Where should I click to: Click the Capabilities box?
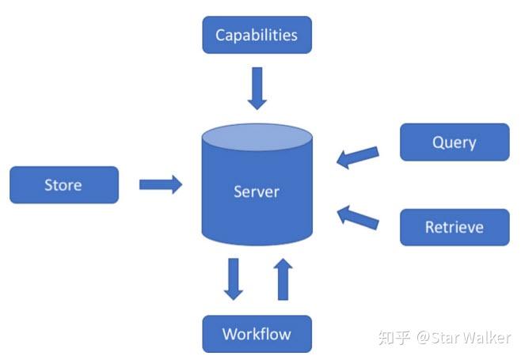click(x=257, y=35)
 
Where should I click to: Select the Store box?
click(x=63, y=184)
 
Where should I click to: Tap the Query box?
click(x=454, y=142)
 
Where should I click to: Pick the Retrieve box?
click(x=454, y=227)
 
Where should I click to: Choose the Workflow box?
click(x=257, y=333)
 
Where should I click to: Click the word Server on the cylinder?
click(x=257, y=191)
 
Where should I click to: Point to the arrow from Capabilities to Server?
click(x=257, y=88)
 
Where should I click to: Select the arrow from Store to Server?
click(x=161, y=184)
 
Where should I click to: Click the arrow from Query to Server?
click(x=358, y=155)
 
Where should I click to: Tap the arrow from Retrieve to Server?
click(x=358, y=218)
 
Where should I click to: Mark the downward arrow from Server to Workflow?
click(x=234, y=279)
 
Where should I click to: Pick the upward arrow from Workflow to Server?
click(x=283, y=279)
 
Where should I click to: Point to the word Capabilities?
click(x=257, y=35)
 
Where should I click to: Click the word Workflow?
click(x=257, y=333)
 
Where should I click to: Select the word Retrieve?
click(x=454, y=227)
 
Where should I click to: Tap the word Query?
click(x=454, y=142)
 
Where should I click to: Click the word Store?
click(x=63, y=184)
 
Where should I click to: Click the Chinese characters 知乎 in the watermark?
click(x=394, y=338)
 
